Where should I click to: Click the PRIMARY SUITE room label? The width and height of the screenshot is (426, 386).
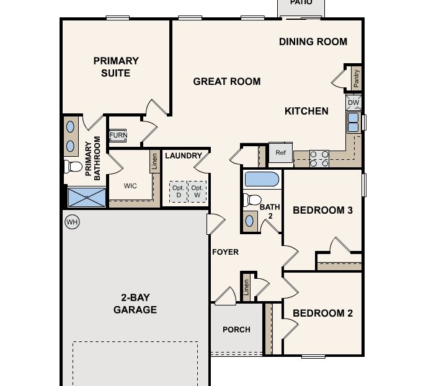[116, 67]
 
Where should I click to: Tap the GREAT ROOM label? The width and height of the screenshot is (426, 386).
[227, 81]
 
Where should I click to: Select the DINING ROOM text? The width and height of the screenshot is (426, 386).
[313, 42]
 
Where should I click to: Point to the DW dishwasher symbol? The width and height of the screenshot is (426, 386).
[353, 103]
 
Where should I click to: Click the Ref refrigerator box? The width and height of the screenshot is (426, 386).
[280, 152]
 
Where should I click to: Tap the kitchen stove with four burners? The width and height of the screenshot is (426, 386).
[319, 159]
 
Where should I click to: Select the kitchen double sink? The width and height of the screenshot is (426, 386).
[353, 122]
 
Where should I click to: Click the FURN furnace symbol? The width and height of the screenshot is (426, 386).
[118, 136]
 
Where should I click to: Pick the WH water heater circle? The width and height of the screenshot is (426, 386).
[73, 222]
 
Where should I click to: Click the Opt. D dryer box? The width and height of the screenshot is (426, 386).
[179, 191]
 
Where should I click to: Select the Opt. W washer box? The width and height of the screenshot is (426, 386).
[197, 191]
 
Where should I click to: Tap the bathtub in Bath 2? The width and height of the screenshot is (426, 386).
[262, 180]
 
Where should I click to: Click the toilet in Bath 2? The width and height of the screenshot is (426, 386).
[252, 200]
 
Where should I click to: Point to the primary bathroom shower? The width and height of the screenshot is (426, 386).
[87, 198]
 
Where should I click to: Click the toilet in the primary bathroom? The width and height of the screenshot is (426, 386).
[73, 166]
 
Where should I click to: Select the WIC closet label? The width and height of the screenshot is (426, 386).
[130, 185]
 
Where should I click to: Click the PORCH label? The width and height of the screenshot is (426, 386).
[236, 329]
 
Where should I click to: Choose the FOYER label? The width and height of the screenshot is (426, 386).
[225, 252]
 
